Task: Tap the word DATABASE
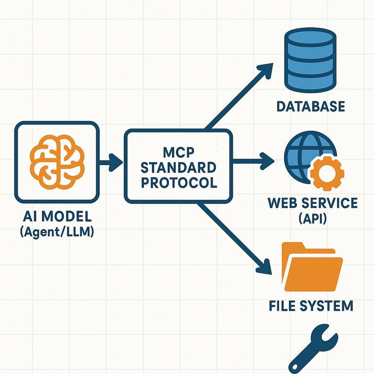click(x=311, y=106)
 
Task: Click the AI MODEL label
click(x=56, y=217)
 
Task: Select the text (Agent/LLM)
click(x=56, y=232)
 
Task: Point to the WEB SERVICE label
click(x=312, y=203)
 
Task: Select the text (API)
click(x=312, y=218)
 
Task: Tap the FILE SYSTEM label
click(x=311, y=306)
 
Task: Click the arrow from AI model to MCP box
click(x=112, y=162)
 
